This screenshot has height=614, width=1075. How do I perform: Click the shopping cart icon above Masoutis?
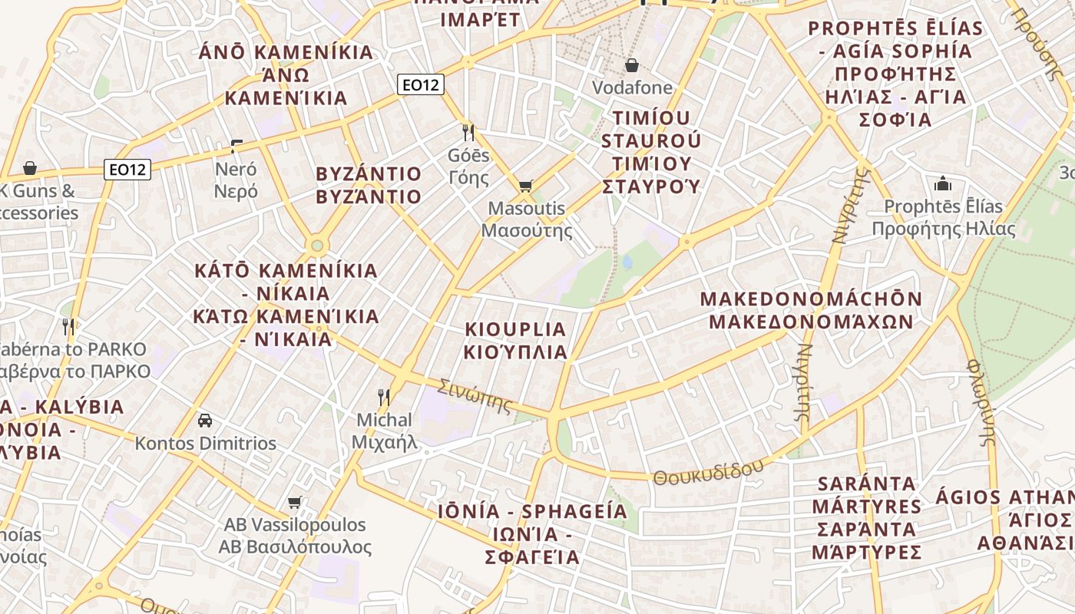(525, 186)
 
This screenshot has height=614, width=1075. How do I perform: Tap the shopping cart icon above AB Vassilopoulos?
(294, 503)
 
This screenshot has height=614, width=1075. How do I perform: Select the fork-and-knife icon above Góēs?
(468, 132)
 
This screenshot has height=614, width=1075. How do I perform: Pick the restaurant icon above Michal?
(383, 397)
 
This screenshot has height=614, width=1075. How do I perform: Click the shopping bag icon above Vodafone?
(632, 65)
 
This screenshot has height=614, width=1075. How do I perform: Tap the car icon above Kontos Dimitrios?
(205, 421)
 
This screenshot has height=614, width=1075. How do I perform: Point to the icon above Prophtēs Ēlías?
(942, 183)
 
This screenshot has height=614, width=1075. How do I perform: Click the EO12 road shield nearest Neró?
(127, 169)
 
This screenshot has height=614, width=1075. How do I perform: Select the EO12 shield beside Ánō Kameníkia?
(421, 84)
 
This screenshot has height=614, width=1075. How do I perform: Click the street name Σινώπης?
(474, 395)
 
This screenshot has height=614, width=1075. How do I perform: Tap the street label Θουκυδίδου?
(709, 470)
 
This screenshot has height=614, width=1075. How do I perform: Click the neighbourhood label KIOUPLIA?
(515, 329)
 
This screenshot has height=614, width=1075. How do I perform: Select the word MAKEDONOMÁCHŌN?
(811, 299)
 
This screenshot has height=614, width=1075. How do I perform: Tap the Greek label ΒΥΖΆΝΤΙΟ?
(369, 196)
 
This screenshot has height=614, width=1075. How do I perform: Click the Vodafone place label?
(632, 87)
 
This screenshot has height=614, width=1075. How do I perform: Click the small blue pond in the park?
(627, 262)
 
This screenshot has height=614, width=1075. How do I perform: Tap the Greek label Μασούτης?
(527, 230)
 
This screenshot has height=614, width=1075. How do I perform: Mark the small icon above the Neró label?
(236, 146)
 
